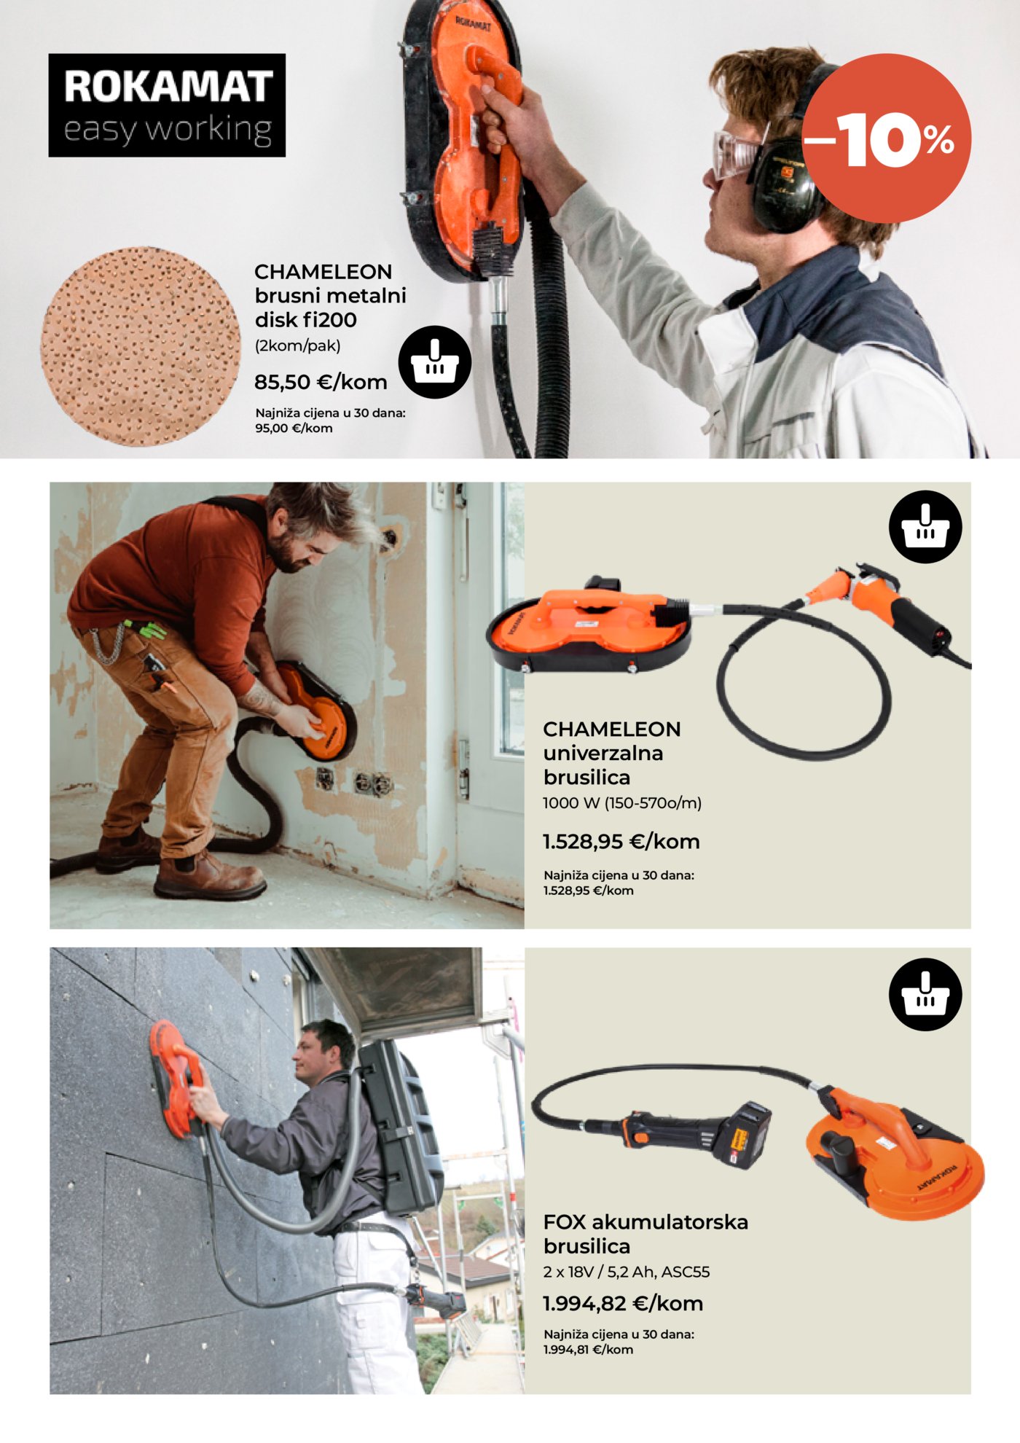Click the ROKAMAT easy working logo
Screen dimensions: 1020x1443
tap(167, 105)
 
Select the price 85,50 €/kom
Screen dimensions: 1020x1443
tap(321, 382)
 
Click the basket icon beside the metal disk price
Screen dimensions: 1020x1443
tap(435, 362)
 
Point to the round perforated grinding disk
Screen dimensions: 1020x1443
tap(141, 346)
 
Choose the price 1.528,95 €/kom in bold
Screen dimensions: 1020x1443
tap(621, 842)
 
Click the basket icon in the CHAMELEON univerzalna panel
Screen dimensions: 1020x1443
tap(925, 527)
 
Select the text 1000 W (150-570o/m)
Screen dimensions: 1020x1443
tap(622, 803)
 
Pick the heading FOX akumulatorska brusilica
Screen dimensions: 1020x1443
tap(646, 1234)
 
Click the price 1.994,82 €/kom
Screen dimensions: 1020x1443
tap(623, 1303)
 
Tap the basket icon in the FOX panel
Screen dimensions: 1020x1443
tap(925, 995)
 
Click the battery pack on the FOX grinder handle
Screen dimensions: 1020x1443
tap(742, 1135)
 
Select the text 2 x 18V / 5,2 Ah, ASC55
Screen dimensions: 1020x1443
tap(627, 1272)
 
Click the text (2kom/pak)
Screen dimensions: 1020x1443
tap(297, 345)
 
